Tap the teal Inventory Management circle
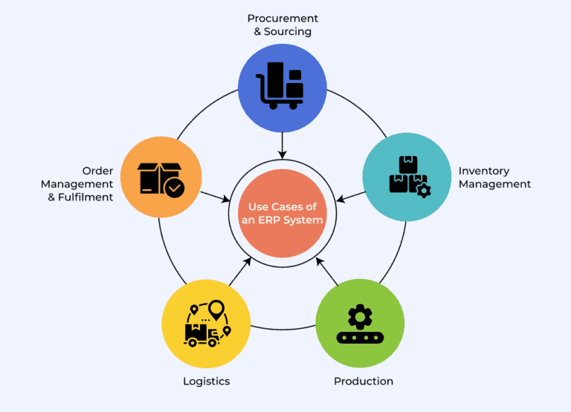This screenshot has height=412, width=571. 407,177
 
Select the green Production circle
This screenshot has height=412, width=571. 360,324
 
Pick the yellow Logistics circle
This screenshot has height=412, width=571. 206,324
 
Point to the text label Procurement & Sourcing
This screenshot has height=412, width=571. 282,24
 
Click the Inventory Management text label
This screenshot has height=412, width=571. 494,177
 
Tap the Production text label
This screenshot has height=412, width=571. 364,381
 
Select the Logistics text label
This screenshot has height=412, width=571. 207,381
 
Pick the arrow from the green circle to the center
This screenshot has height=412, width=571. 327,272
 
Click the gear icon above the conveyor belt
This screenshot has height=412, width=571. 361,316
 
